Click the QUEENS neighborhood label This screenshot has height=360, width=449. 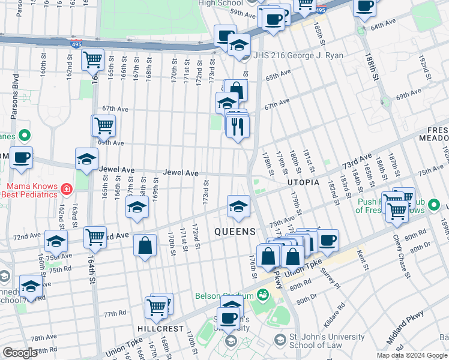[236, 231]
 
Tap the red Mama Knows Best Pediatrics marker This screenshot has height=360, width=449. [66, 190]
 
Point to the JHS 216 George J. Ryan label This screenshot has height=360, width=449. [298, 55]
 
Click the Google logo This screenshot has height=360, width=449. [20, 353]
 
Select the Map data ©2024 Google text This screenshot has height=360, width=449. [412, 355]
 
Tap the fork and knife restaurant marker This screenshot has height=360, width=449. [238, 127]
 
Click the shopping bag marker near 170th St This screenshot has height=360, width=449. [145, 245]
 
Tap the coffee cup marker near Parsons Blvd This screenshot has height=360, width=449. [22, 158]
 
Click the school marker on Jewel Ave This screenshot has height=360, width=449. [86, 160]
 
